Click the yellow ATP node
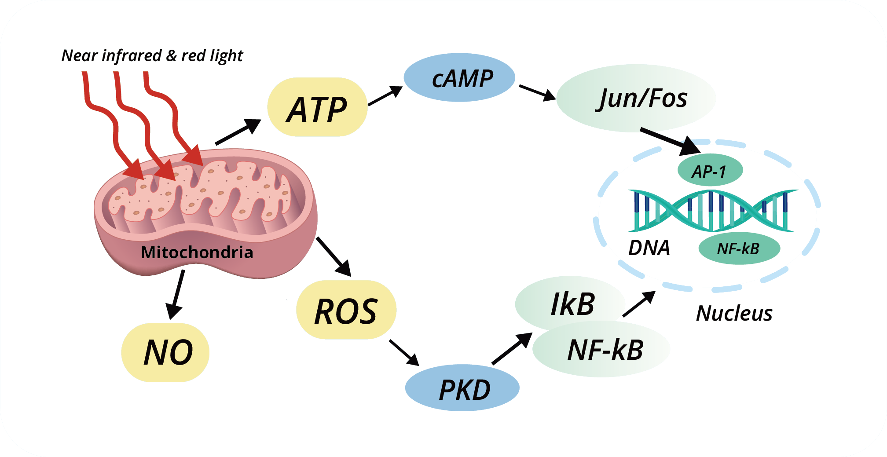pyautogui.click(x=317, y=108)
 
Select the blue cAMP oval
pyautogui.click(x=459, y=78)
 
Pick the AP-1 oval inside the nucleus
pyautogui.click(x=710, y=170)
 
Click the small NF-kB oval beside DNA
pyautogui.click(x=739, y=249)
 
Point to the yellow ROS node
pyautogui.click(x=346, y=310)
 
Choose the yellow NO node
pyautogui.click(x=165, y=352)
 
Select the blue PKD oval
pyautogui.click(x=462, y=388)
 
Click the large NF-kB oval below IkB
pyautogui.click(x=603, y=350)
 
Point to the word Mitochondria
pyautogui.click(x=197, y=252)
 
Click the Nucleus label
pyautogui.click(x=734, y=314)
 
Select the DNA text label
pyautogui.click(x=649, y=248)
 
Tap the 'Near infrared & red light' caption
pyautogui.click(x=152, y=56)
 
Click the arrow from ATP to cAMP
pyautogui.click(x=385, y=96)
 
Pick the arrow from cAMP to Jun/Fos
pyautogui.click(x=537, y=93)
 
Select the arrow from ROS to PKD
pyautogui.click(x=404, y=352)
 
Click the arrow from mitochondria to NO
pyautogui.click(x=176, y=294)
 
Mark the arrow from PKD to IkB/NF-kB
pyautogui.click(x=512, y=349)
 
